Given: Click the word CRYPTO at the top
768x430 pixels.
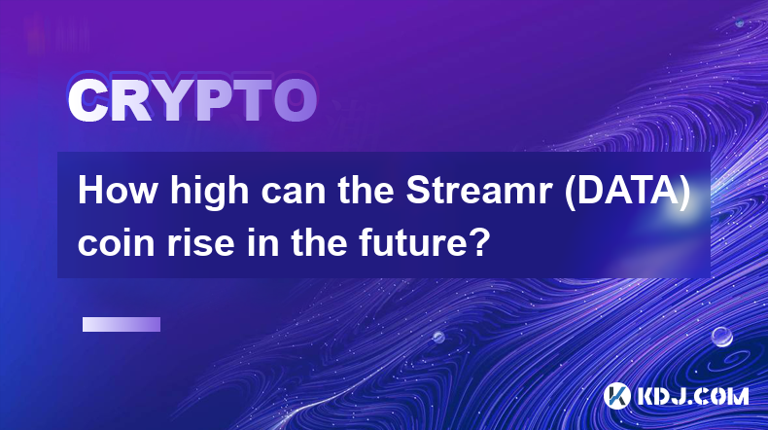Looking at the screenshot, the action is [192, 101].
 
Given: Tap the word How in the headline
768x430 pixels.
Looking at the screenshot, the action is [118, 191].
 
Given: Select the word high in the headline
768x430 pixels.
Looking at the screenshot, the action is [210, 193].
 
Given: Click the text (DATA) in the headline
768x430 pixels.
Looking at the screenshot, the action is [627, 192].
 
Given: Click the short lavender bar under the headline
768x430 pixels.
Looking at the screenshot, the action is [122, 325].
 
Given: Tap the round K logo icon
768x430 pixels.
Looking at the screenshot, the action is [617, 395].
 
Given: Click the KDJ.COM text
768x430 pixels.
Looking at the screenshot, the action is [692, 396].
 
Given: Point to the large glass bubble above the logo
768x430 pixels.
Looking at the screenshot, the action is [722, 337].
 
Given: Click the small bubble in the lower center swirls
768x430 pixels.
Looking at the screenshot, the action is [438, 337].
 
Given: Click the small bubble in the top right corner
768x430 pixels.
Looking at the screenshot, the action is [740, 22].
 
